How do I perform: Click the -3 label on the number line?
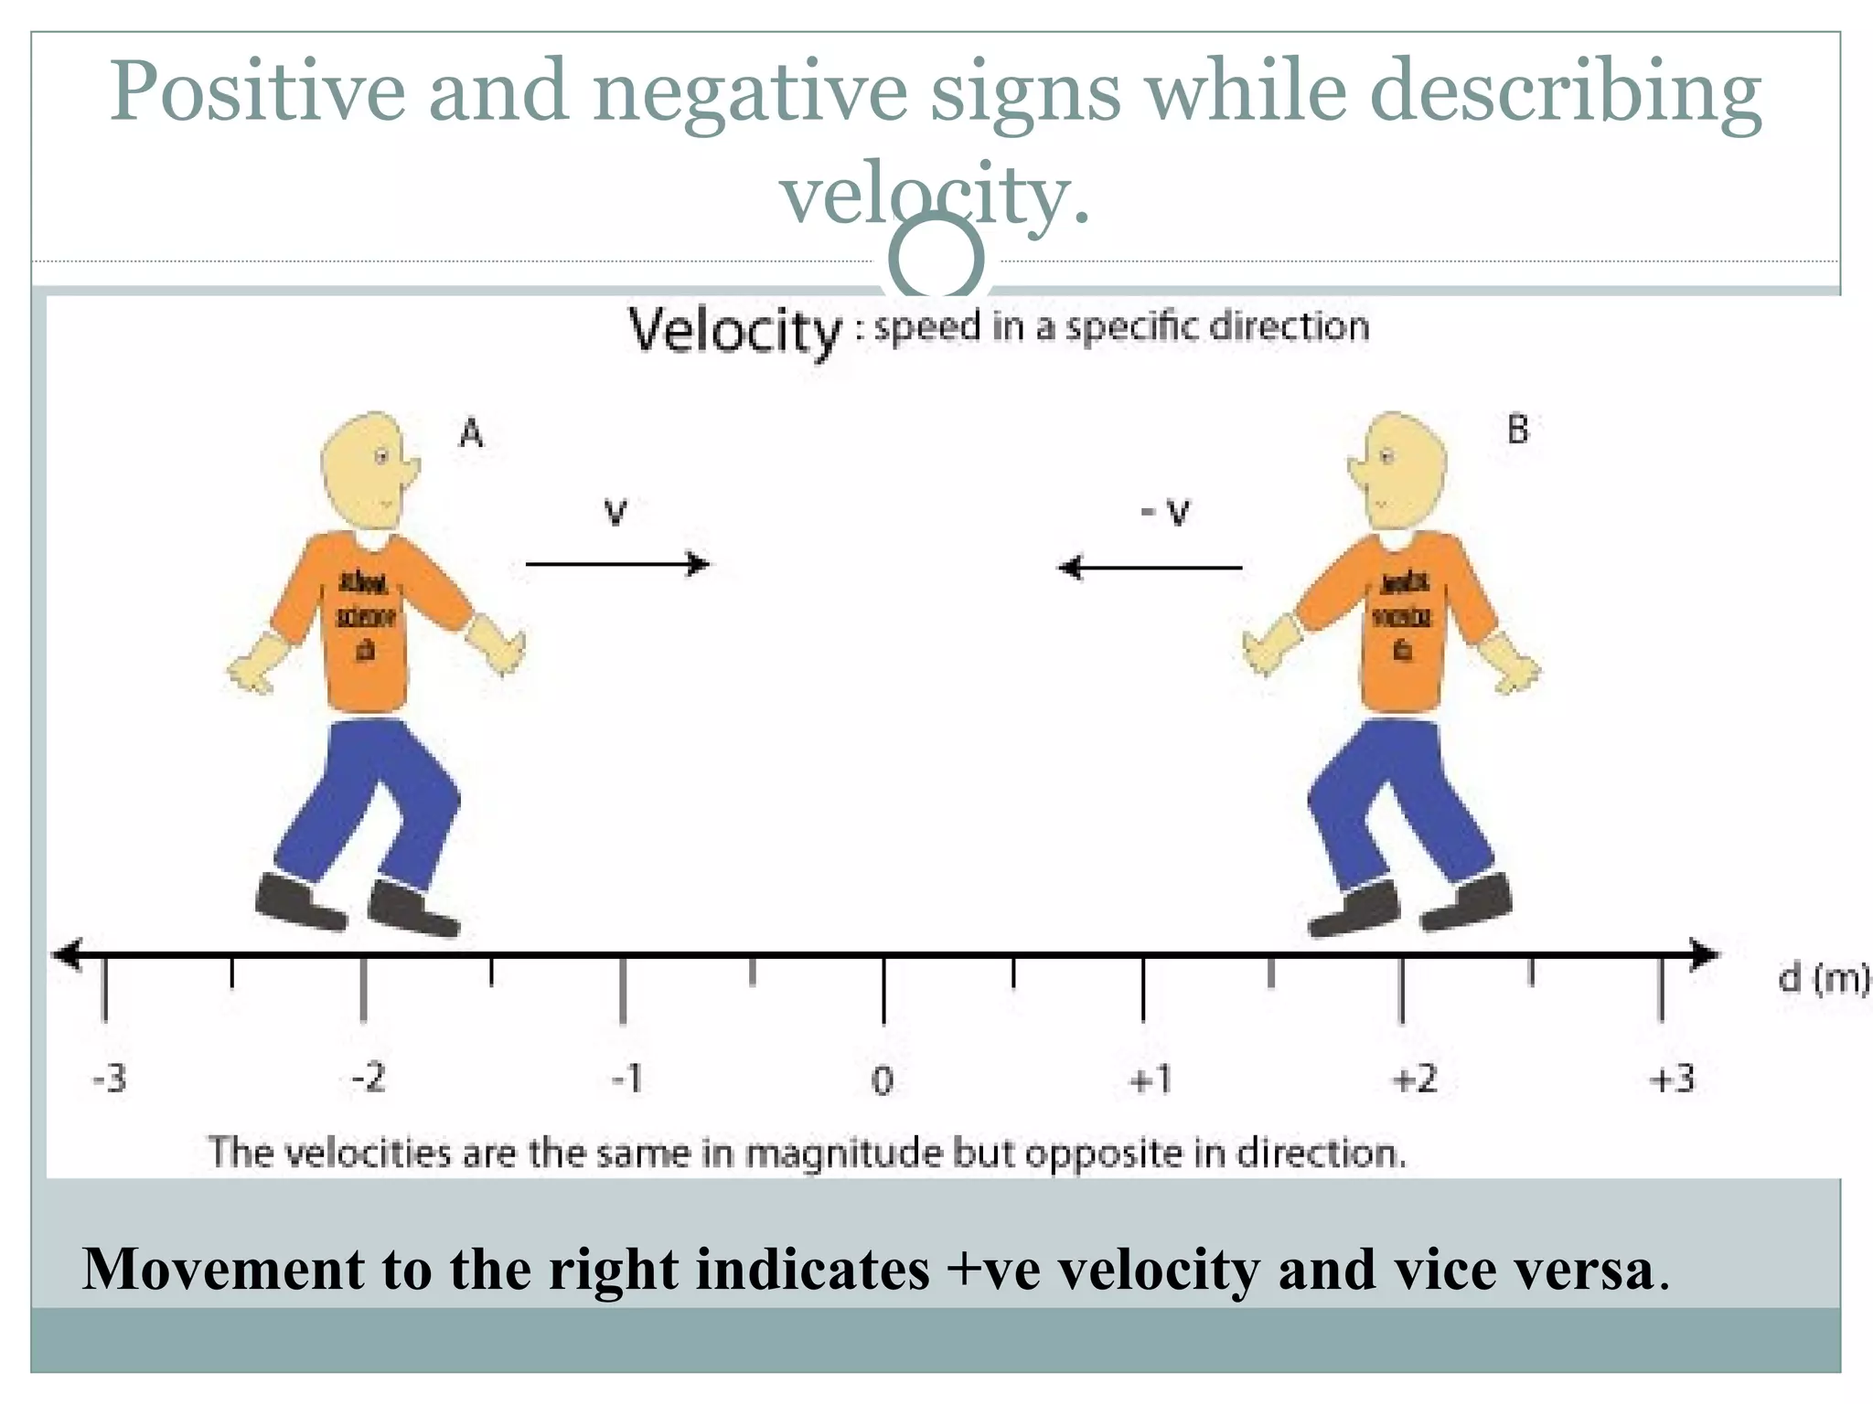coord(110,1080)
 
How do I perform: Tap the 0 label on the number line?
coord(882,1081)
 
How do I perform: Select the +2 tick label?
coord(1414,1080)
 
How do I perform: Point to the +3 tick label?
coord(1672,1080)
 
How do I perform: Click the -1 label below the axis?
coord(627,1080)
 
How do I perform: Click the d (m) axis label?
coord(1822,979)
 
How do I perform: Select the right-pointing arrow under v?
coord(617,564)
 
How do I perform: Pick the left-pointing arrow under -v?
coord(1150,568)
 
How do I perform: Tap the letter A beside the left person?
coord(470,432)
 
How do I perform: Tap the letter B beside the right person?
coord(1517,429)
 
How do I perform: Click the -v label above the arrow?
coord(1166,512)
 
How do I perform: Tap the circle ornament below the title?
coord(936,259)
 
